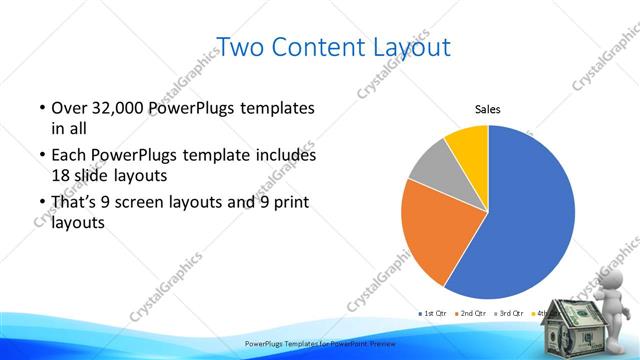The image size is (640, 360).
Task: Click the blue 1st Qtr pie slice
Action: point(530,220)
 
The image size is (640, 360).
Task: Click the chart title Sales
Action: point(487,110)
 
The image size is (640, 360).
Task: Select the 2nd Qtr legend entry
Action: point(473,314)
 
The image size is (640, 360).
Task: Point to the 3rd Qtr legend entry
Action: point(513,314)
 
